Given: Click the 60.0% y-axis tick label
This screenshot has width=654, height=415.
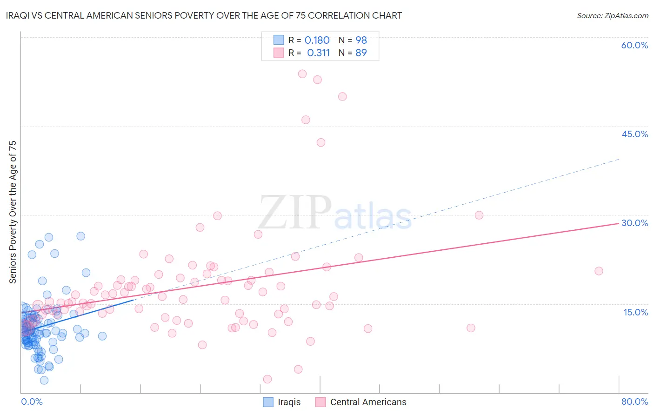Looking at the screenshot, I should [x=634, y=45].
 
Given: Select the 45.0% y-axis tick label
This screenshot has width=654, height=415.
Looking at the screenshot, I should [x=634, y=134].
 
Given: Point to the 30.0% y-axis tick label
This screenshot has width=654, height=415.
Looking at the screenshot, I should [x=634, y=223].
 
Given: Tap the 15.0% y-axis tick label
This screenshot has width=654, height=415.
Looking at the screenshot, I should [x=635, y=312].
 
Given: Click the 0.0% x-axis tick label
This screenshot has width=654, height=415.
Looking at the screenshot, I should [x=32, y=402].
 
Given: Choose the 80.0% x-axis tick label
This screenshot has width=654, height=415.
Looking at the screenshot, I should [x=634, y=402].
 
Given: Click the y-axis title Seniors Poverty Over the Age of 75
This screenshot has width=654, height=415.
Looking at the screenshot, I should [x=13, y=212].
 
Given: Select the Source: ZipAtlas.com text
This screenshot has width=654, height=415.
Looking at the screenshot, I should [x=612, y=15].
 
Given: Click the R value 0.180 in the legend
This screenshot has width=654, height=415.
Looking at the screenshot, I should [x=317, y=40].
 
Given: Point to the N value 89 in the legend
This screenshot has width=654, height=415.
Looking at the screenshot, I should [x=361, y=53].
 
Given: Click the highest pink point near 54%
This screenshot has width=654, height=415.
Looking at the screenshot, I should [x=302, y=74].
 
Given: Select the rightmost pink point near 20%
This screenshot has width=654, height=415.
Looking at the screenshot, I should [x=599, y=271].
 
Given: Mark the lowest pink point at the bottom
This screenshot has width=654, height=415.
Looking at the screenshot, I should [x=267, y=379].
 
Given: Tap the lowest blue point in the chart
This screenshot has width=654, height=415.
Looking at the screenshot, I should [x=44, y=380].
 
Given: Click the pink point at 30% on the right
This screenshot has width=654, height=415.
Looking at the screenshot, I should [x=479, y=215].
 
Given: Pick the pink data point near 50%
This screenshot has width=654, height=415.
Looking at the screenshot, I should [x=342, y=96].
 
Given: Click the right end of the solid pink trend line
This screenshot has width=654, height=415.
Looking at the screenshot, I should [x=619, y=223].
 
